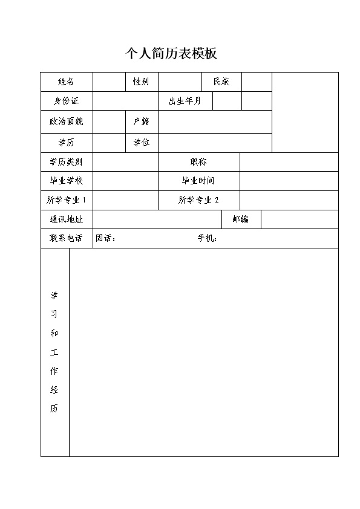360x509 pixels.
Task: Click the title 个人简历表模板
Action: click(x=171, y=54)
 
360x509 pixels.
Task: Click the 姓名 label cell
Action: click(x=66, y=82)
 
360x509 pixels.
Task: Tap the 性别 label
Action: click(x=141, y=82)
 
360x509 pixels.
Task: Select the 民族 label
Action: click(x=221, y=82)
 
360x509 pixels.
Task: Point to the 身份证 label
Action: click(x=66, y=101)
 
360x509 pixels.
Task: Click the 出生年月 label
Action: click(x=185, y=101)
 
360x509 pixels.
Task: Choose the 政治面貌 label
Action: click(x=66, y=122)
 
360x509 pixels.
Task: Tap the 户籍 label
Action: click(x=141, y=122)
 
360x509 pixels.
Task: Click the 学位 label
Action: click(x=141, y=143)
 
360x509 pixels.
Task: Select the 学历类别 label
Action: click(x=66, y=162)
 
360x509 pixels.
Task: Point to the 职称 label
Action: click(x=198, y=162)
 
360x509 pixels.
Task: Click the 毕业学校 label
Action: click(x=66, y=181)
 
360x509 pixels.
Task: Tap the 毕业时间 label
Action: click(x=198, y=181)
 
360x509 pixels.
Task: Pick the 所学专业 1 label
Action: click(x=66, y=200)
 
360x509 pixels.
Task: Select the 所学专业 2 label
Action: click(x=198, y=200)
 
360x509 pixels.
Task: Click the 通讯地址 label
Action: click(x=66, y=219)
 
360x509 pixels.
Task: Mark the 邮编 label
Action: click(x=241, y=219)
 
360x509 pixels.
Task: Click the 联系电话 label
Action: click(x=66, y=238)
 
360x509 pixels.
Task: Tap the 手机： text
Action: click(x=207, y=238)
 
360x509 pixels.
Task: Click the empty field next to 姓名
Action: click(x=108, y=82)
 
